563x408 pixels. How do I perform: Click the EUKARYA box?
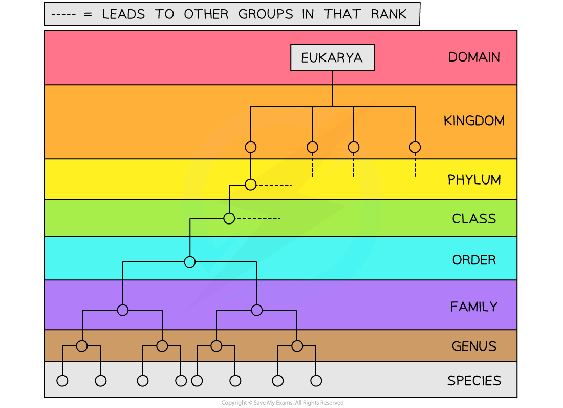click(332, 57)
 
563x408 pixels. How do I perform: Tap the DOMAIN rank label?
click(474, 57)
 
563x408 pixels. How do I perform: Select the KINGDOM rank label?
click(474, 121)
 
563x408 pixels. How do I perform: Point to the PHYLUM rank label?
click(474, 180)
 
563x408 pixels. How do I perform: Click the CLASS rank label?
click(474, 219)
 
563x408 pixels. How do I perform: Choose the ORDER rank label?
click(474, 260)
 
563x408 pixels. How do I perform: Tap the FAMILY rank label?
click(474, 307)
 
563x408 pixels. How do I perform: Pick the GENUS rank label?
click(474, 346)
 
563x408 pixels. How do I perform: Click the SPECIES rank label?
click(474, 381)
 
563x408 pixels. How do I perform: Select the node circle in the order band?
click(190, 262)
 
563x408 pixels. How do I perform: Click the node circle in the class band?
click(229, 218)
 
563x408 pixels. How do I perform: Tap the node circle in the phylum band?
click(250, 185)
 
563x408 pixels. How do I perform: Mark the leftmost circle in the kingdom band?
click(250, 147)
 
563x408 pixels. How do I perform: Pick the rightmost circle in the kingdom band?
click(415, 147)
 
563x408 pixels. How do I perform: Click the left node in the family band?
click(122, 310)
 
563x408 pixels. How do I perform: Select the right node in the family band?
click(257, 310)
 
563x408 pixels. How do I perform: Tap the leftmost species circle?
click(62, 381)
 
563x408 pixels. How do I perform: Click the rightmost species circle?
click(316, 381)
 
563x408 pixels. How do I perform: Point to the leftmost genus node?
click(82, 346)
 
